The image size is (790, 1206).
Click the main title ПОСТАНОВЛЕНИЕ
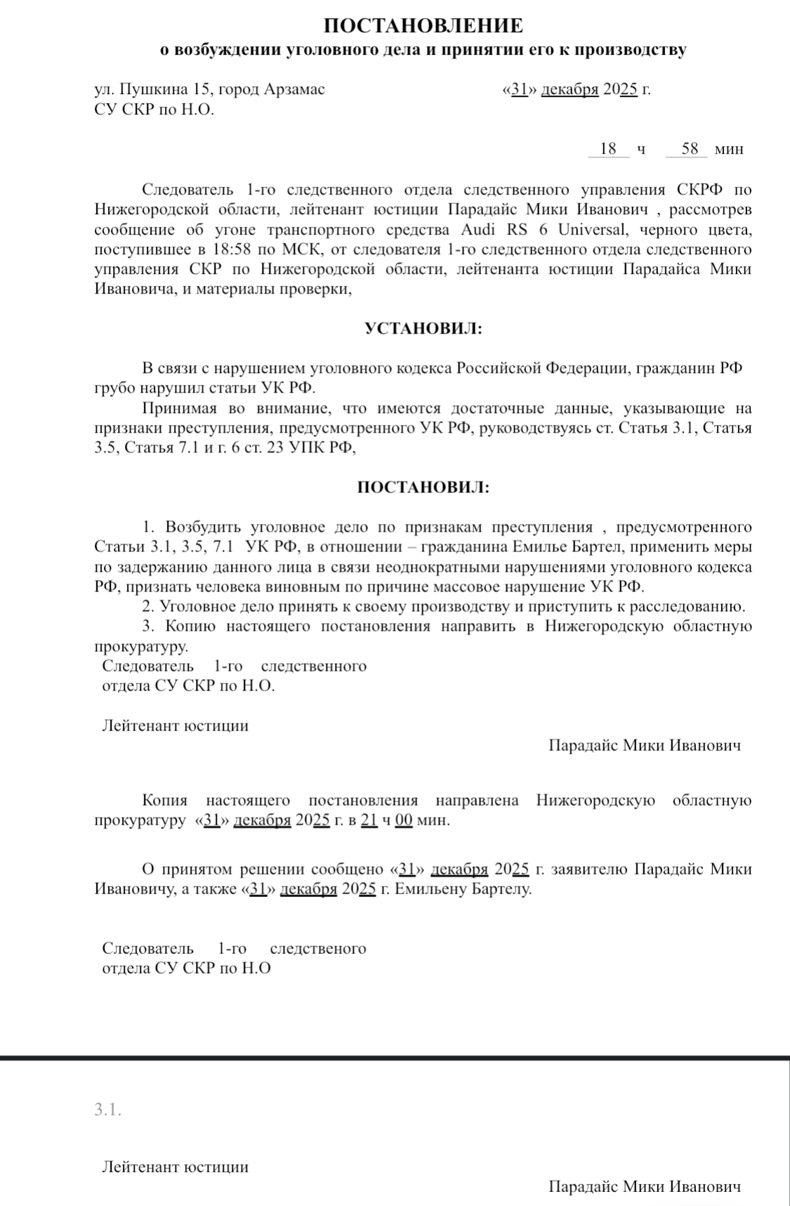(x=423, y=26)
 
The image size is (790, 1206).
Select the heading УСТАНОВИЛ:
(x=423, y=328)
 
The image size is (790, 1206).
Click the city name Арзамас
(x=294, y=90)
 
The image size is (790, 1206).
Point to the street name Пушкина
(x=153, y=90)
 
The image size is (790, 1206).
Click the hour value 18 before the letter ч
(x=608, y=149)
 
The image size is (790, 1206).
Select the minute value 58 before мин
(x=690, y=149)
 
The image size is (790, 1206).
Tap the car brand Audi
(x=477, y=230)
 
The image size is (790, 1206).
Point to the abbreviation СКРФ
(x=704, y=190)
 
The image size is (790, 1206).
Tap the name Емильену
(x=426, y=889)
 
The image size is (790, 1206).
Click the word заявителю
(x=590, y=870)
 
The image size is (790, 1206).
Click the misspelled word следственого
(x=318, y=948)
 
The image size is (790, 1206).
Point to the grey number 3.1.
(x=108, y=1110)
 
